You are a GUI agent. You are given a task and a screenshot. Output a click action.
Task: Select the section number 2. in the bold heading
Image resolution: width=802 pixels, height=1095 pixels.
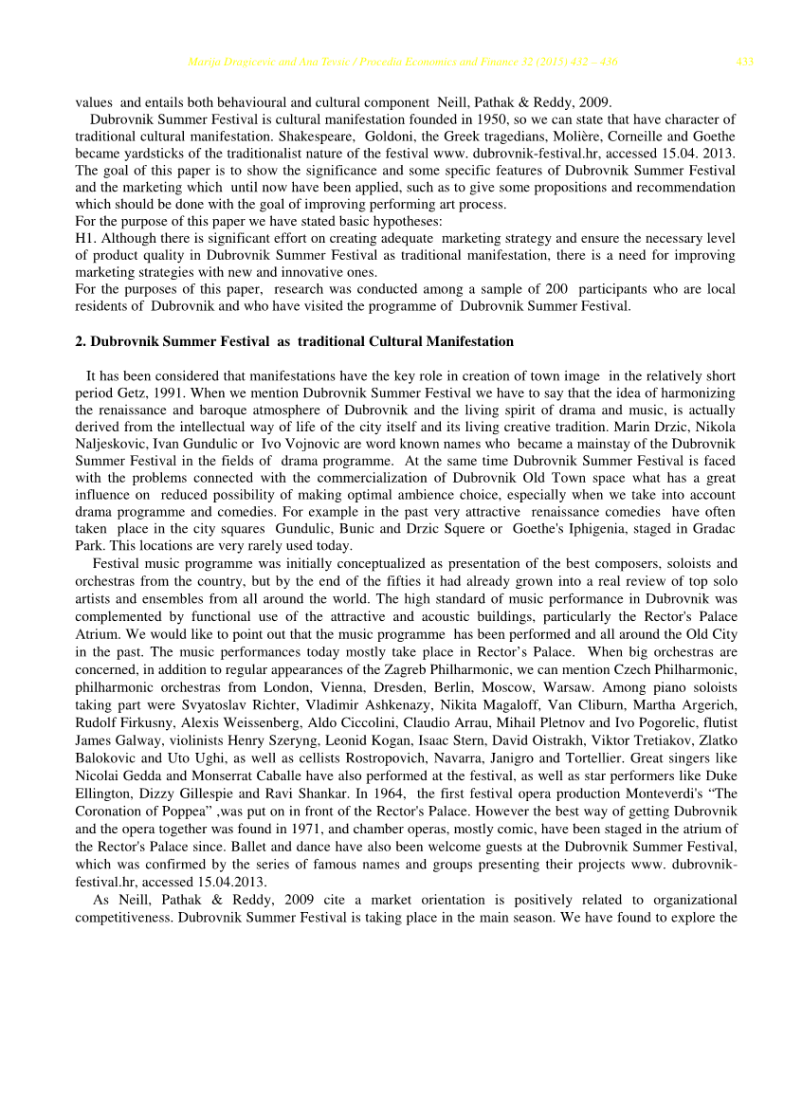[81, 341]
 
